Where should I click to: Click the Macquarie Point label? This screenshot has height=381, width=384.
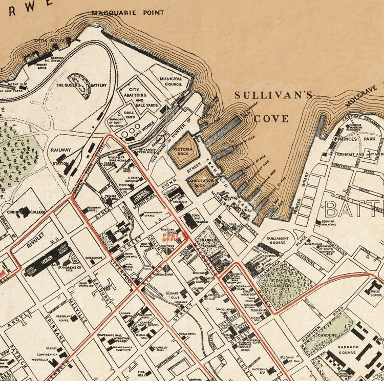tap(128, 13)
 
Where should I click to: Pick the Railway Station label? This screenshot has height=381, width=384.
tap(60, 157)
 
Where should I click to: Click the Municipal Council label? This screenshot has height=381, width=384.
tap(170, 82)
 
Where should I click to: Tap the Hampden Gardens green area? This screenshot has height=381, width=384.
tap(328, 333)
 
